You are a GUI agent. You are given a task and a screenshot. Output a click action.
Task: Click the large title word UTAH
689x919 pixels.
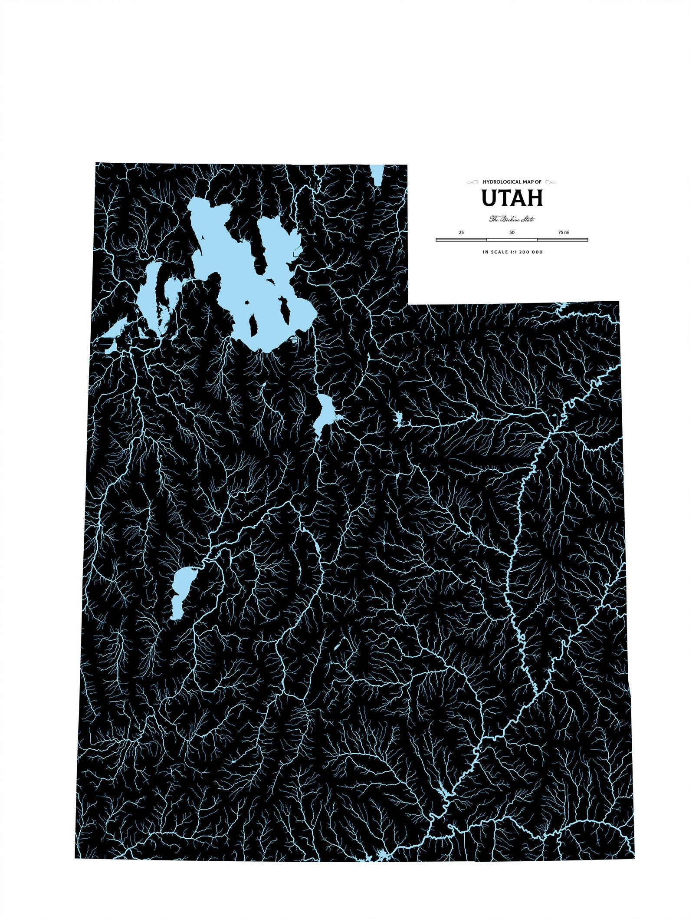click(512, 198)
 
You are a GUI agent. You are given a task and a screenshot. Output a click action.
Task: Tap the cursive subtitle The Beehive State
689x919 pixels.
click(512, 219)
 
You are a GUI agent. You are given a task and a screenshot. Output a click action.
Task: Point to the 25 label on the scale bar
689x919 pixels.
click(461, 233)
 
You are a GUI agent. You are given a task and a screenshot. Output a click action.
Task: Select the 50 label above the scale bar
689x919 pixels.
click(512, 233)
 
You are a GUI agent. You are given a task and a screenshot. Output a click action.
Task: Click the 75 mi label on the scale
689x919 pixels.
click(564, 233)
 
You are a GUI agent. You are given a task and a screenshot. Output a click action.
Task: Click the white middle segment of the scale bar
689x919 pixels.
click(512, 240)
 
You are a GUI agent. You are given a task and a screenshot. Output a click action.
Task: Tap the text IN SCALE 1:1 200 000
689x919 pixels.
click(512, 252)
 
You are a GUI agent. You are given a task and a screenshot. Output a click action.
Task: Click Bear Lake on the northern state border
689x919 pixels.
click(377, 175)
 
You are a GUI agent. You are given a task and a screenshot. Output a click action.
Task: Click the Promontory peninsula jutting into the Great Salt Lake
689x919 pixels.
click(262, 247)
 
